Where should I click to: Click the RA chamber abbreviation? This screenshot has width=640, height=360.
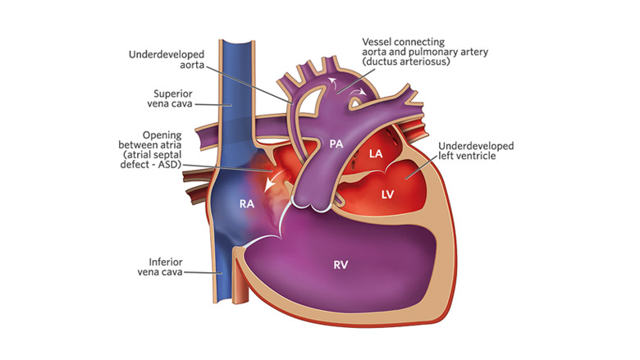[247, 203]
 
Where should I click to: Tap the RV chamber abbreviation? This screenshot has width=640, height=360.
[341, 265]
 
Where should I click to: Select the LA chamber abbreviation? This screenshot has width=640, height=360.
[376, 153]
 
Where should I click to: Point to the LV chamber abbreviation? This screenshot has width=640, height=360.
[387, 194]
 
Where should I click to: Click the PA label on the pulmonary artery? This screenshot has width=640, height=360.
[336, 144]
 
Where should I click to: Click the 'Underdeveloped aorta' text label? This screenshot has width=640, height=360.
[167, 60]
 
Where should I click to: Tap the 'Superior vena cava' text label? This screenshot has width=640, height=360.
[170, 98]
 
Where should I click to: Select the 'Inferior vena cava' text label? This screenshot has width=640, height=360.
[160, 267]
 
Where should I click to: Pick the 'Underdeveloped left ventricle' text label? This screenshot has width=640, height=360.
[476, 151]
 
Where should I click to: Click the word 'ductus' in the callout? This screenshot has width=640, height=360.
[382, 62]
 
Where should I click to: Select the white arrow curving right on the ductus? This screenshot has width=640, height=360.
[360, 93]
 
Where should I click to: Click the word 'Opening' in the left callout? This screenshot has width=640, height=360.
[162, 135]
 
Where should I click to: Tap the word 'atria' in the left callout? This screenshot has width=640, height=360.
[171, 145]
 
